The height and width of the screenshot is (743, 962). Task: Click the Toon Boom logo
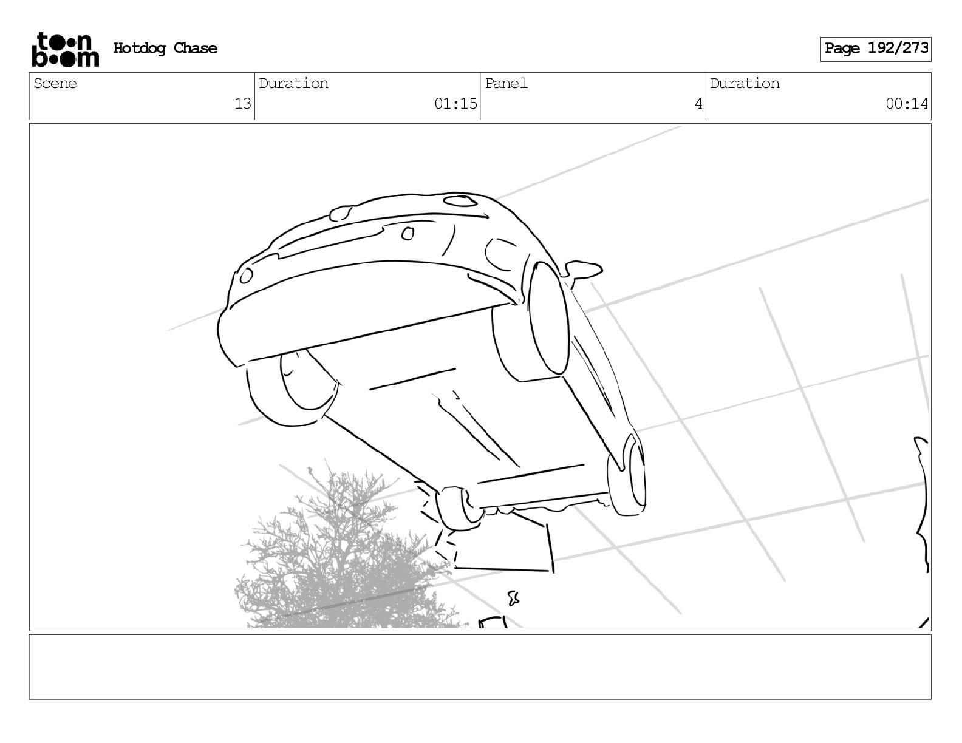click(x=66, y=50)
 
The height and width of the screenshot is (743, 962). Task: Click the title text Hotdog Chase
click(x=165, y=48)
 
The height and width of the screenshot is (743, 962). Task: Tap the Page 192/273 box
click(x=875, y=49)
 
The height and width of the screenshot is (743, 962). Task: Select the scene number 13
click(x=242, y=104)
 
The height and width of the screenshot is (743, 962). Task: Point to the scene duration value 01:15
click(x=455, y=104)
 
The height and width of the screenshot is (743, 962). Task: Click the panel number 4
click(x=698, y=104)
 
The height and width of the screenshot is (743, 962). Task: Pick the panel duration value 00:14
click(x=907, y=104)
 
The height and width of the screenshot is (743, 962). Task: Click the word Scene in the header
click(x=55, y=83)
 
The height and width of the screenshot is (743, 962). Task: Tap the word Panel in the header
click(x=506, y=83)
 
